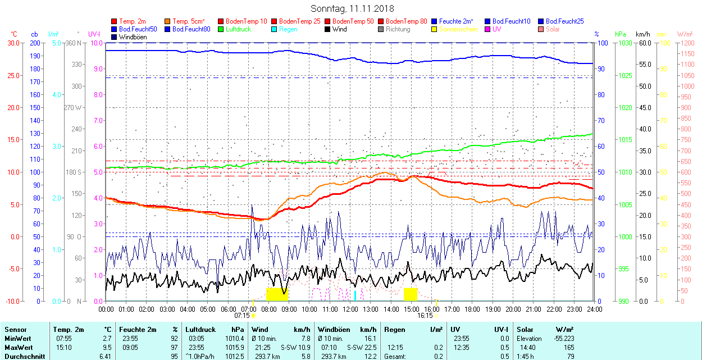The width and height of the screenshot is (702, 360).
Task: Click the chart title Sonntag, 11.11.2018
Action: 352,8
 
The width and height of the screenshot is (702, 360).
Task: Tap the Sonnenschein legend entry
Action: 458,29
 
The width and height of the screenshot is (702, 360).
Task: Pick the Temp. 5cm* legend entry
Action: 189,21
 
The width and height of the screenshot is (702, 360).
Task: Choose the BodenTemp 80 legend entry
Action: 407,21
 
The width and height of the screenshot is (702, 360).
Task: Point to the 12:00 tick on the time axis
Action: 350,309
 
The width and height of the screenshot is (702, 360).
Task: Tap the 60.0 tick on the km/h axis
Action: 644,43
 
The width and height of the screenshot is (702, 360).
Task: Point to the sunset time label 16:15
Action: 425,316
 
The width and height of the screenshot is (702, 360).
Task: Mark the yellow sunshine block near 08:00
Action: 277,294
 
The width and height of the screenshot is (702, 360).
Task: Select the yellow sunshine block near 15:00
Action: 411,294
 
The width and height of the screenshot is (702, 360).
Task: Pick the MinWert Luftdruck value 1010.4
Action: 235,339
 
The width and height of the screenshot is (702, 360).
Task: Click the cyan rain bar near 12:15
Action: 355,296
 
